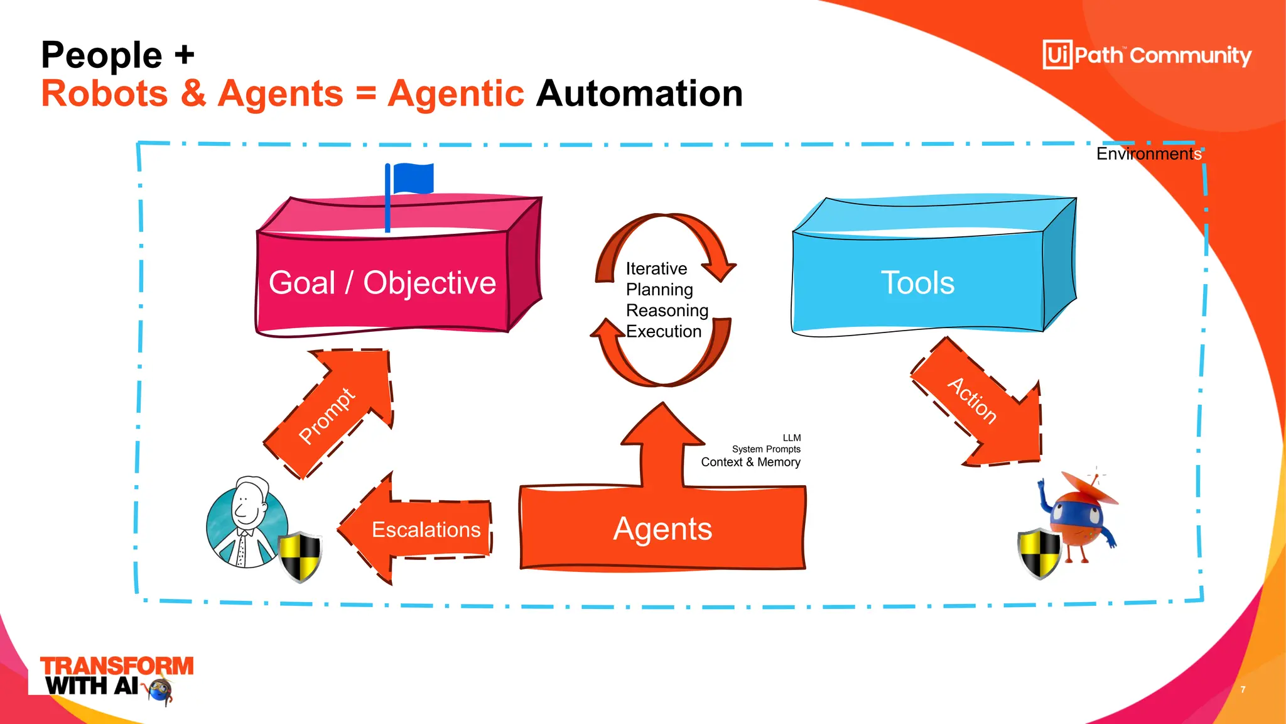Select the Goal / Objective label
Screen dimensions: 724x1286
point(382,283)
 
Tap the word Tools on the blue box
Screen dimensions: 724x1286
point(917,283)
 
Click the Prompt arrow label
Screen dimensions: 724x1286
point(327,415)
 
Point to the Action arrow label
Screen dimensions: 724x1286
point(972,401)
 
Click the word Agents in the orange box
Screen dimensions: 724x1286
point(662,529)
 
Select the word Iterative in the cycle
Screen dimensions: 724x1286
point(656,269)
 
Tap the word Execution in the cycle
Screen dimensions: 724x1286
point(664,331)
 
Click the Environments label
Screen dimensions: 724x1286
point(1148,154)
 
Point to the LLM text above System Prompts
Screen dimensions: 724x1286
point(791,438)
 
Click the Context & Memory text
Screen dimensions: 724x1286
point(750,463)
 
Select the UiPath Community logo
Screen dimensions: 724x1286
point(1147,55)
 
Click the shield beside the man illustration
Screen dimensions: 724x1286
point(300,557)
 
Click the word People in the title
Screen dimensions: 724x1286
point(102,55)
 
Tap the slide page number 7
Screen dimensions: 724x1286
point(1243,689)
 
